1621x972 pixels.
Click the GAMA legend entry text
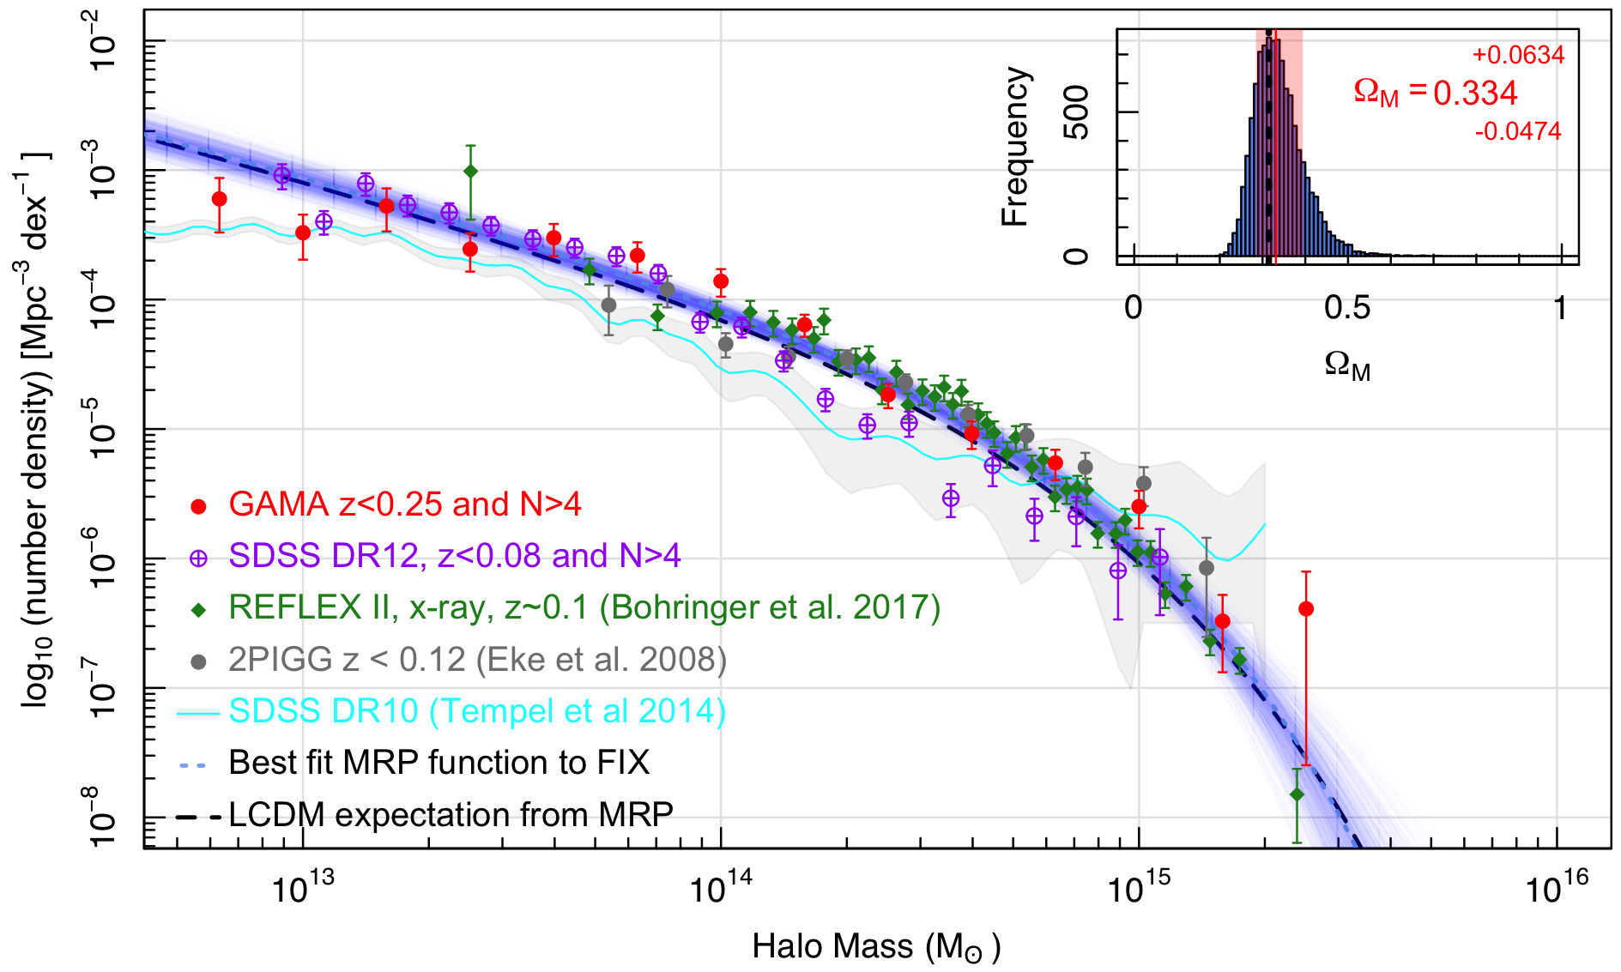[x=404, y=504]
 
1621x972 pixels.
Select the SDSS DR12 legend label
[x=454, y=556]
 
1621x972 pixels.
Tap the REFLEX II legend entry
[x=584, y=607]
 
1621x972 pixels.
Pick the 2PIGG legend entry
[x=477, y=659]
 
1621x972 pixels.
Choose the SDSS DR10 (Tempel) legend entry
[x=477, y=711]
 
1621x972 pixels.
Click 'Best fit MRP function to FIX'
[x=439, y=763]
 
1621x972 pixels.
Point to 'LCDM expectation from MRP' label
[x=451, y=814]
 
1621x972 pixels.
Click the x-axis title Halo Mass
[x=876, y=946]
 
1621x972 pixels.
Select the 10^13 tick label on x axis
[x=302, y=888]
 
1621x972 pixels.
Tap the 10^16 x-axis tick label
[x=1556, y=888]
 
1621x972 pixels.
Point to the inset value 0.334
[x=1475, y=93]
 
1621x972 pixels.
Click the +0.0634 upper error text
[x=1518, y=55]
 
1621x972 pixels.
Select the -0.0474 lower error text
[x=1518, y=131]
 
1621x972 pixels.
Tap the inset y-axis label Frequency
[x=1015, y=147]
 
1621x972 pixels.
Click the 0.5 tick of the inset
[x=1346, y=308]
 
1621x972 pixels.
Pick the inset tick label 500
[x=1076, y=112]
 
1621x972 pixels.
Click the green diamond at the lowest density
[x=1297, y=794]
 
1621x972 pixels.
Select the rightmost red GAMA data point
[x=1306, y=609]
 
